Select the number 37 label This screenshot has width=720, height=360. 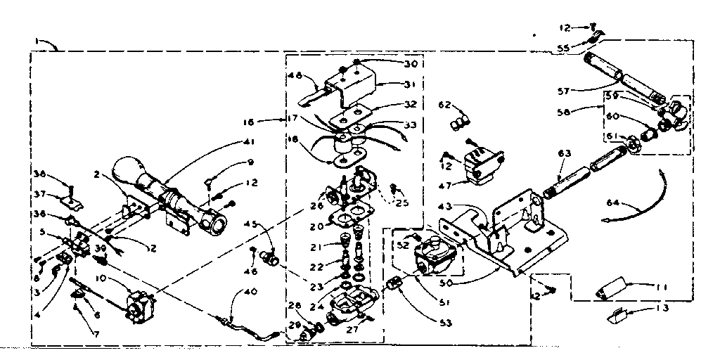pos(40,195)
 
